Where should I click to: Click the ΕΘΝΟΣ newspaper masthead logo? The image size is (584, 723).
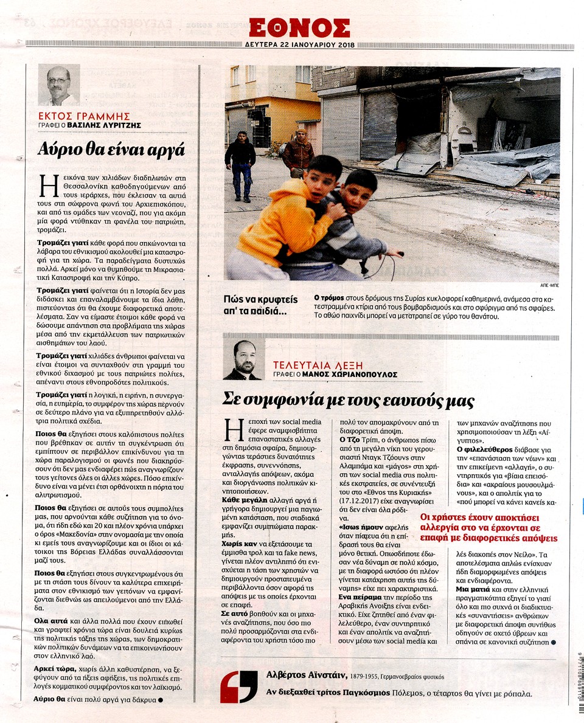[299, 27]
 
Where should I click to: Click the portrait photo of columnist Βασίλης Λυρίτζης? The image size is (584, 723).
[59, 85]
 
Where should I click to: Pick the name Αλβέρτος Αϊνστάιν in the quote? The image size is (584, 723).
[305, 675]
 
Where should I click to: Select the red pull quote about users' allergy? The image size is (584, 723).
[488, 527]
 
